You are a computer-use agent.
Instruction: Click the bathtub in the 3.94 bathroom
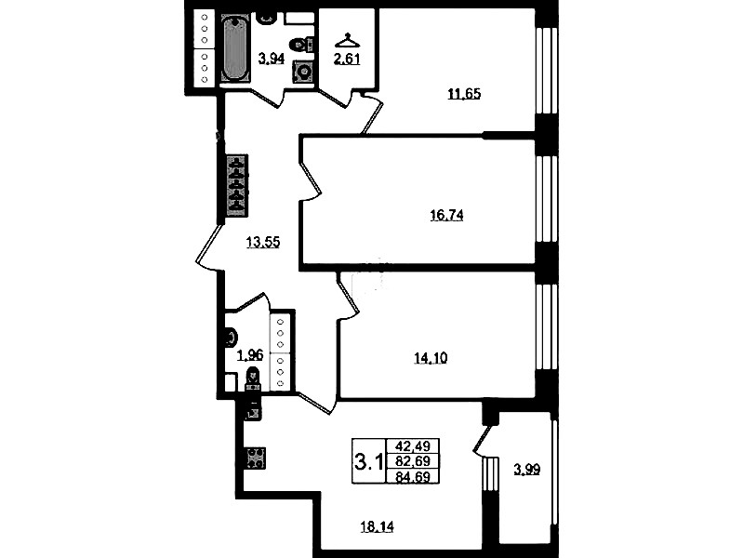click(x=234, y=49)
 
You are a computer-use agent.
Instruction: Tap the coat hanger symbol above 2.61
click(x=348, y=40)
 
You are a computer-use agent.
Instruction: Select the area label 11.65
click(x=464, y=94)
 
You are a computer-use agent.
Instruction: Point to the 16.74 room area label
click(x=446, y=216)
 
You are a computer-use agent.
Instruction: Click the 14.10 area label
click(x=431, y=358)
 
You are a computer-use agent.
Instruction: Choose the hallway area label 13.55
click(x=263, y=242)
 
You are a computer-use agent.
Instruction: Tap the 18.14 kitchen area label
click(x=378, y=526)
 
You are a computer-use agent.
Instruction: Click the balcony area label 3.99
click(x=527, y=470)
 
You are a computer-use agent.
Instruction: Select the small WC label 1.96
click(x=250, y=355)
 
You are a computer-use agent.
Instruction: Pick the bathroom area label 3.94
click(x=271, y=59)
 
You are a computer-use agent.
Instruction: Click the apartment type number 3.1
click(x=368, y=460)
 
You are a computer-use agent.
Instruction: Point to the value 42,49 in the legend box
click(x=413, y=446)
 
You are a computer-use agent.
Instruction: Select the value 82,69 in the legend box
click(x=413, y=460)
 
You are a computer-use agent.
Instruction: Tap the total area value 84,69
click(x=413, y=476)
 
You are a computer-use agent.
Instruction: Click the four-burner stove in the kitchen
click(x=256, y=458)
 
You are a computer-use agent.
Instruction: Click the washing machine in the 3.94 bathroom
click(x=303, y=72)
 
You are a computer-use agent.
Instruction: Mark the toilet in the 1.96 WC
click(x=253, y=379)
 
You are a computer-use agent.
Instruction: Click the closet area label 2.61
click(x=348, y=60)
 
